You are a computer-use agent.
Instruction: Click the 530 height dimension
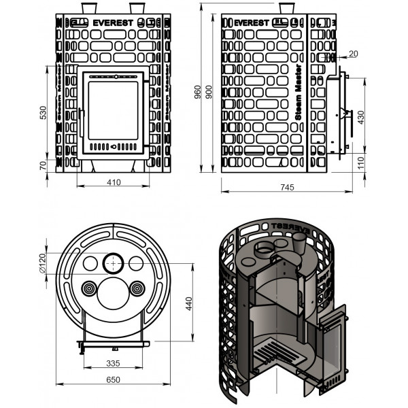pos(44,113)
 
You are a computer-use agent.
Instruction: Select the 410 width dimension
pos(114,182)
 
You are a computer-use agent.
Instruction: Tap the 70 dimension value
pos(43,165)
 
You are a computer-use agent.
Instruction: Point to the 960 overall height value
pos(198,92)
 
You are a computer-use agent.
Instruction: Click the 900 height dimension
pos(209,92)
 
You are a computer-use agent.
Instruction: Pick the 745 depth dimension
pos(287,188)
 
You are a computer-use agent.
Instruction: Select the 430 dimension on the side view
pos(361,118)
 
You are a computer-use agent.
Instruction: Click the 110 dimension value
pos(361,163)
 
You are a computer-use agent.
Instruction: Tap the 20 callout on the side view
pos(354,54)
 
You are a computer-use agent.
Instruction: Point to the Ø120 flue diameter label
pos(43,263)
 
